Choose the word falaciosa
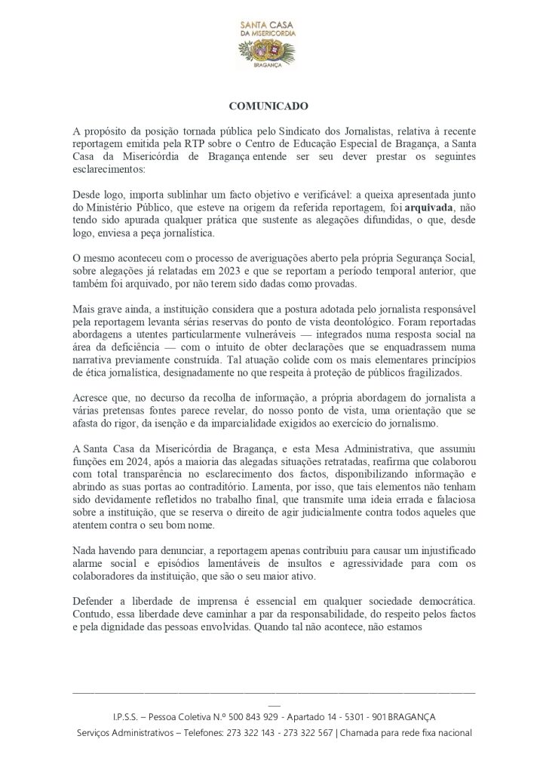pyautogui.click(x=455, y=500)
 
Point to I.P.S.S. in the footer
pyautogui.click(x=126, y=716)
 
